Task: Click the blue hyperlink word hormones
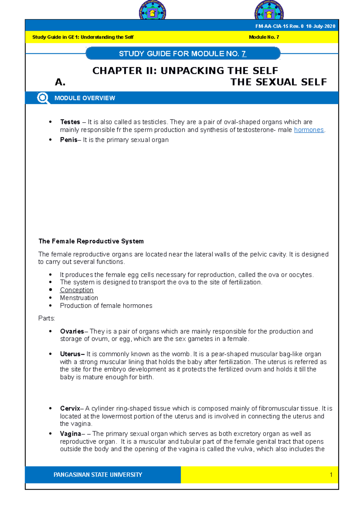[x=309, y=130]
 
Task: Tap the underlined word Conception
[x=76, y=290]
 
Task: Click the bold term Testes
[x=70, y=122]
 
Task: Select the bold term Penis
[x=68, y=140]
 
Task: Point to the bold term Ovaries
[x=72, y=331]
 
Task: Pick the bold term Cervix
[x=70, y=408]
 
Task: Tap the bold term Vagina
[x=70, y=434]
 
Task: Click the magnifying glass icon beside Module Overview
[x=43, y=98]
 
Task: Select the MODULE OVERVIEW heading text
[x=85, y=98]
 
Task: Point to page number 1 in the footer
[x=331, y=475]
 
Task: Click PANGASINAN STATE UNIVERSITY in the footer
[x=98, y=475]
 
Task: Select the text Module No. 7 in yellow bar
[x=264, y=37]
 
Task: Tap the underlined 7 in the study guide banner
[x=244, y=54]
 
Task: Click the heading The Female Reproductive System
[x=91, y=241]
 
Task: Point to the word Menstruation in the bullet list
[x=79, y=298]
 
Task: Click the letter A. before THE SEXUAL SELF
[x=60, y=82]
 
